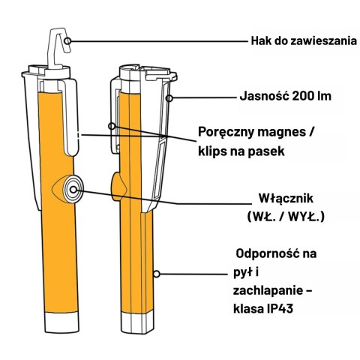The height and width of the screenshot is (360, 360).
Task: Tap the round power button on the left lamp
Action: pyautogui.click(x=73, y=190)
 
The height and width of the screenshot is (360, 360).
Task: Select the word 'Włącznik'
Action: pyautogui.click(x=286, y=199)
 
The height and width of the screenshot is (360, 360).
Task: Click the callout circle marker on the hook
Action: pyautogui.click(x=67, y=40)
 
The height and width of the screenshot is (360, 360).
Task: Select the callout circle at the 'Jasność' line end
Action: pyautogui.click(x=169, y=98)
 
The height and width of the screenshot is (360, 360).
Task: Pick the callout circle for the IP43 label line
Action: pyautogui.click(x=157, y=274)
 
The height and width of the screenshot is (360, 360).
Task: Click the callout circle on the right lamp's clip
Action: pyautogui.click(x=112, y=126)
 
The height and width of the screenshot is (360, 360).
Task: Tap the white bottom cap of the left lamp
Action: pyautogui.click(x=61, y=322)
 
